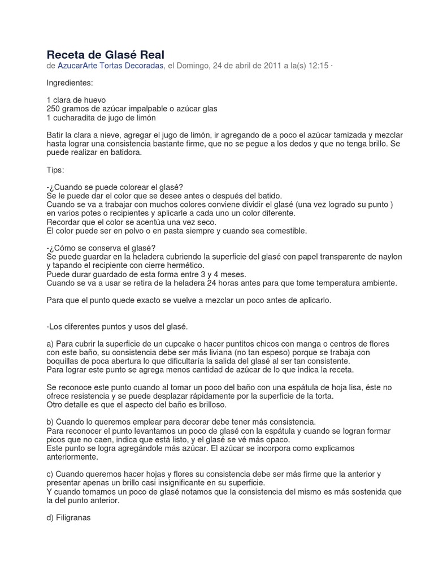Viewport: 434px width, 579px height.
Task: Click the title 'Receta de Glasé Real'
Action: (105, 55)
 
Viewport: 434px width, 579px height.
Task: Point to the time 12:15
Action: (318, 66)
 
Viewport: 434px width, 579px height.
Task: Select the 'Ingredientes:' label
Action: (73, 83)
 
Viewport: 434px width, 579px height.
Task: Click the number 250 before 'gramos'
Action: (54, 109)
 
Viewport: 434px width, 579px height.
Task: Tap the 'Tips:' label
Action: (55, 170)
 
